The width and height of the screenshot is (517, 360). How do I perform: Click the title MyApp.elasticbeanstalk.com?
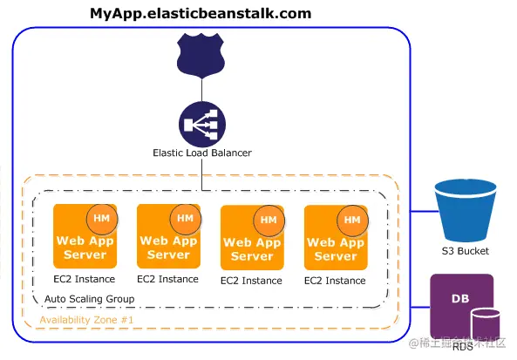[x=201, y=14]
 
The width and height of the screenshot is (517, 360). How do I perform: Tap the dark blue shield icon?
[x=202, y=54]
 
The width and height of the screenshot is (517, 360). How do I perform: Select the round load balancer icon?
[x=202, y=124]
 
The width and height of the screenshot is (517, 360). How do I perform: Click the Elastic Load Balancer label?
[x=202, y=153]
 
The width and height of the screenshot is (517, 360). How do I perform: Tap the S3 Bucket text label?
[x=465, y=251]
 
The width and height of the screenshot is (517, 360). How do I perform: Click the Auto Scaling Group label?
[x=89, y=299]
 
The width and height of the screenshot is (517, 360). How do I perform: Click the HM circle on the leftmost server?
[x=101, y=218]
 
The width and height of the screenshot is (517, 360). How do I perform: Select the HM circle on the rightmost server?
[x=352, y=220]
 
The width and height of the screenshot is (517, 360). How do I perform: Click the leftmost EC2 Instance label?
[x=84, y=280]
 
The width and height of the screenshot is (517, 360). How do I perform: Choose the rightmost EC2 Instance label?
[x=335, y=281]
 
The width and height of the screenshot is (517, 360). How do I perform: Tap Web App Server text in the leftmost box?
[x=85, y=248]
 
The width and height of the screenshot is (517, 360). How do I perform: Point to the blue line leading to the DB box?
[x=420, y=306]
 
